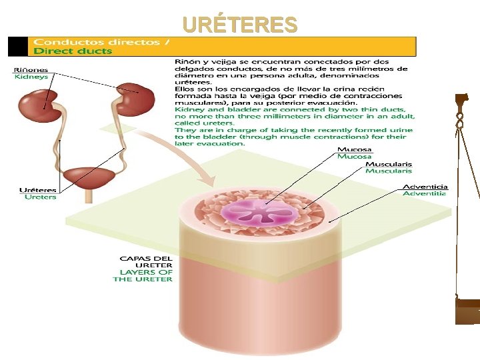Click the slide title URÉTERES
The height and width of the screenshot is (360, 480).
pos(240,25)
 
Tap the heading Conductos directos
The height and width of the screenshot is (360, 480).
pos(99,41)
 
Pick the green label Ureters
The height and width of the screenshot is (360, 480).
pos(41,197)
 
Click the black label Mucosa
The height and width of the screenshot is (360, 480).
pos(354,149)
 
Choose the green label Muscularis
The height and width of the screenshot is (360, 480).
pos(388,171)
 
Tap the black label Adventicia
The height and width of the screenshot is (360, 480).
pos(425,187)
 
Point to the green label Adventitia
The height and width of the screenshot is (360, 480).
pos(425,194)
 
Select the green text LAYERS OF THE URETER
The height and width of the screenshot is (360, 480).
pos(144,275)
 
